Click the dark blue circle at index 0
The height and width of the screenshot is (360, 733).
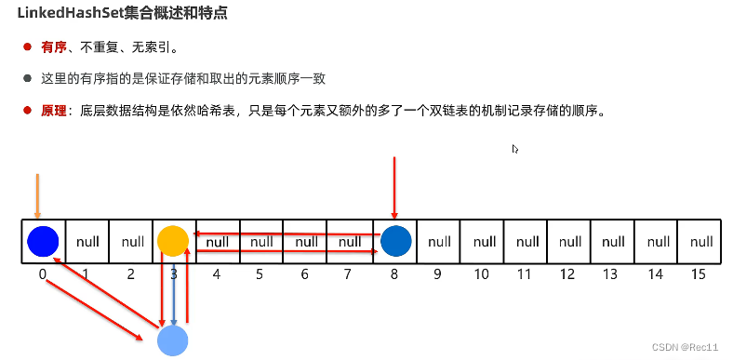43,241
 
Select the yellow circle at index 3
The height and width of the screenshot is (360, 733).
172,240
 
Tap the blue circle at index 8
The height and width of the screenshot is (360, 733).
394,240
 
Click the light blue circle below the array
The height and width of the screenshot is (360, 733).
173,340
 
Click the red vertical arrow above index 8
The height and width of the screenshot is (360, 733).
395,186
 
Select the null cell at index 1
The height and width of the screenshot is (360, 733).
87,242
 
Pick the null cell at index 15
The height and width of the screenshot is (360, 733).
700,242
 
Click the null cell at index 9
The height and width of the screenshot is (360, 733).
439,242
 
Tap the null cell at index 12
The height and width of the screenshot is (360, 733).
570,242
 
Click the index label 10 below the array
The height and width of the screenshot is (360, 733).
482,275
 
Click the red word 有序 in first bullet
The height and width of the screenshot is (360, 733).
54,47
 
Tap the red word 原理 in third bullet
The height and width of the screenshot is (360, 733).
54,111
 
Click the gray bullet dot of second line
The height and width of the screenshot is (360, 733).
28,79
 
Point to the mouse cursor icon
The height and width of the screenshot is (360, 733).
515,149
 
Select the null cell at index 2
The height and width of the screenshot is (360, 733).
130,242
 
